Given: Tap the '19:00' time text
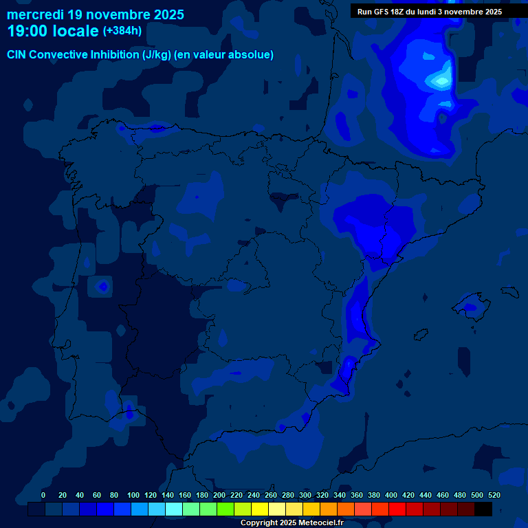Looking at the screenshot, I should tap(27, 31).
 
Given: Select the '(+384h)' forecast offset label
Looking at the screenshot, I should tap(122, 31).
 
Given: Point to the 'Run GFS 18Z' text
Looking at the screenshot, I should tap(380, 12).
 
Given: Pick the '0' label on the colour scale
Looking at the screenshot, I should tap(43, 495).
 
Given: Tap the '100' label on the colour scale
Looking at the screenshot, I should tap(133, 495).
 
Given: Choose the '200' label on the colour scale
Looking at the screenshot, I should tap(219, 495).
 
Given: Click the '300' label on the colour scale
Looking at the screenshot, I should tap(305, 495).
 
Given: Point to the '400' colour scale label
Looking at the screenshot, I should tap(391, 495).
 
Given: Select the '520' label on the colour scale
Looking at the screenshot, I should tap(494, 495).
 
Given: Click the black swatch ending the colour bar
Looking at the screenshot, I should tap(483, 509).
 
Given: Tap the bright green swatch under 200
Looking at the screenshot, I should tap(225, 509).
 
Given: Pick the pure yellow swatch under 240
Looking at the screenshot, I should tap(260, 509).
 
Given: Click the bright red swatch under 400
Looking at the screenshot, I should tap(397, 509).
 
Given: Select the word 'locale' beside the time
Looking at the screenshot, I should tap(75, 31).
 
